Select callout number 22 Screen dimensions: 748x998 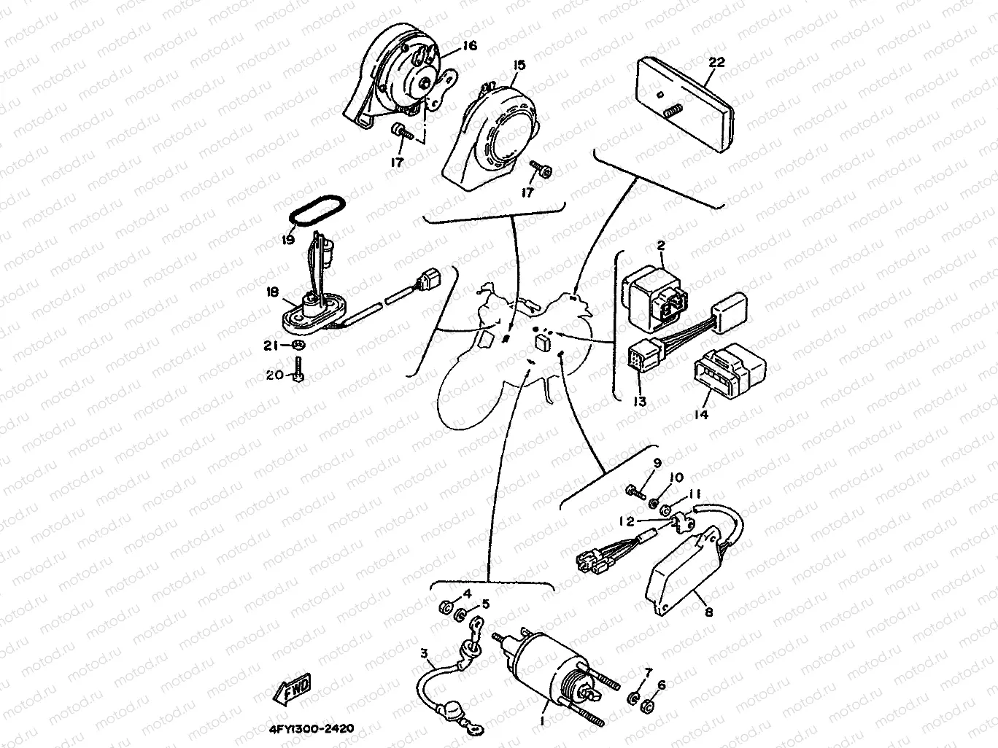tap(716, 62)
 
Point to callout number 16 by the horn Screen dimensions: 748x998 tap(469, 45)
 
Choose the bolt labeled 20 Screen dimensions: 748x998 tap(297, 373)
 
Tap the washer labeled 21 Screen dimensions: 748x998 tap(298, 345)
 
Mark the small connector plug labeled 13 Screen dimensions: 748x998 tap(638, 357)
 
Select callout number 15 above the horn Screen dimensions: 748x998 tap(518, 65)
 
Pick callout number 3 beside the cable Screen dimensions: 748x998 tap(424, 654)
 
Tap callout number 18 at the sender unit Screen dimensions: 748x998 tap(273, 292)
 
